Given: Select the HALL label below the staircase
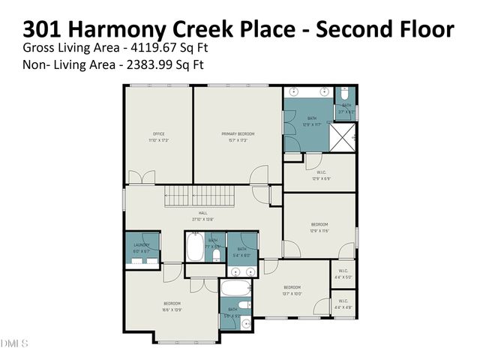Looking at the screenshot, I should (x=202, y=216).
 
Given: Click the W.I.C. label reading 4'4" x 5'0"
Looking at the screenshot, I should (x=343, y=274).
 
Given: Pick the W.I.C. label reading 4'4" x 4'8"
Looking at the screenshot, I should (x=343, y=303).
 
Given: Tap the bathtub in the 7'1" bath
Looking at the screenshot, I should (x=196, y=250).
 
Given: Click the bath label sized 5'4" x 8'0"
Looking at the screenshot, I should (x=241, y=252).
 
